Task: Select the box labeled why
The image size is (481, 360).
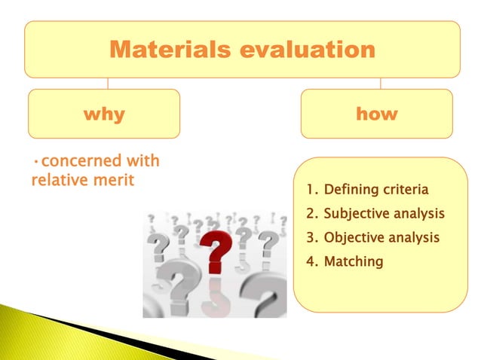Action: (x=104, y=114)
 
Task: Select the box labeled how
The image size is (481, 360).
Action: (x=376, y=114)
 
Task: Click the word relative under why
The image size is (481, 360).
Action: (x=56, y=182)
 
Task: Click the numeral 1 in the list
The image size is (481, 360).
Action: (x=309, y=189)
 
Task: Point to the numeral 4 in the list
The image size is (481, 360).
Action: (x=310, y=261)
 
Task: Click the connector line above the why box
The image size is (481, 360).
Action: (x=107, y=83)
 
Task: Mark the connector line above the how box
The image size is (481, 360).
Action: (x=380, y=83)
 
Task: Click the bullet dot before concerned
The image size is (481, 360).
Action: (x=35, y=163)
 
